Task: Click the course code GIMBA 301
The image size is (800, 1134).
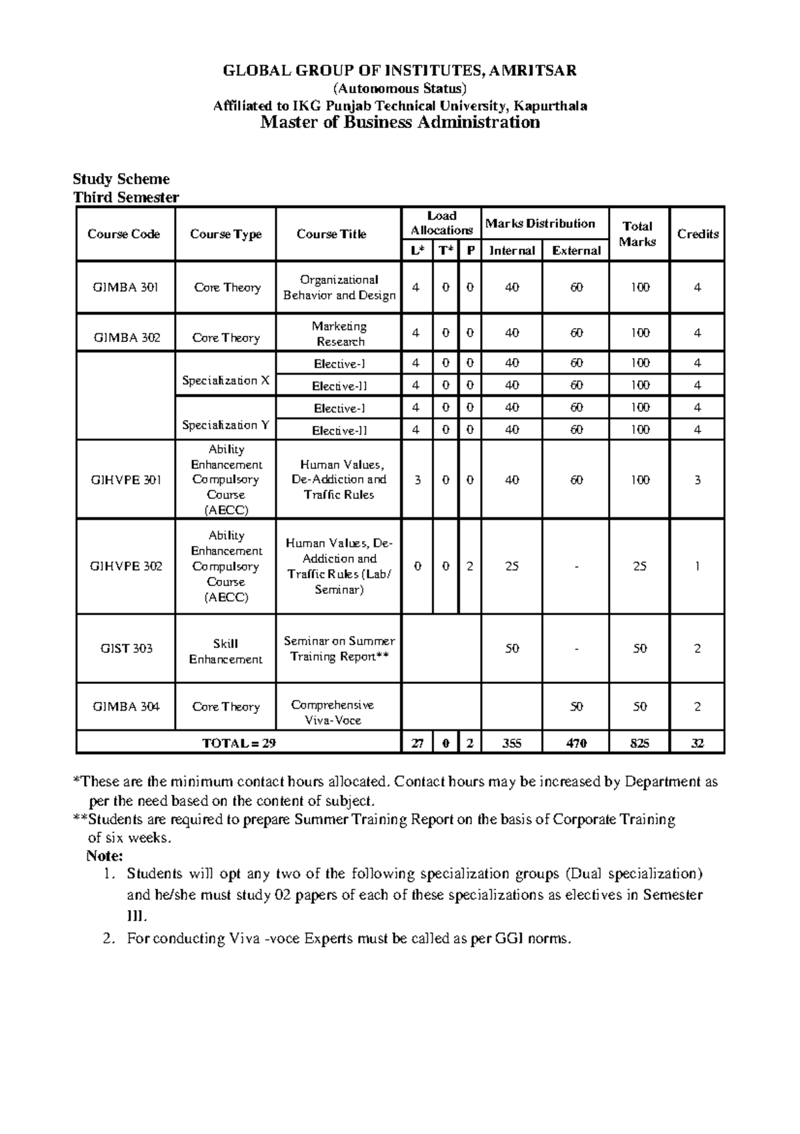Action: point(125,287)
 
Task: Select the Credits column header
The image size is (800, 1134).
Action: point(697,234)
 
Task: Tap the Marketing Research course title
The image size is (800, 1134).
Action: point(339,333)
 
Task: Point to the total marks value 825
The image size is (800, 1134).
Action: point(639,743)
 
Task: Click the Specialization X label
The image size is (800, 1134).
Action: point(225,381)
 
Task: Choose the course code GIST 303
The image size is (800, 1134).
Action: point(125,649)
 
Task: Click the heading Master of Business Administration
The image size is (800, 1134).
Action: point(399,122)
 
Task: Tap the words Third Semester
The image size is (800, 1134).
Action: point(126,197)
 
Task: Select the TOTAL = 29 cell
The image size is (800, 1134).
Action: point(239,743)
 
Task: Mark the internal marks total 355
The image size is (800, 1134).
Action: point(511,743)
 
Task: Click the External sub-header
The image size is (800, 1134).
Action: point(576,251)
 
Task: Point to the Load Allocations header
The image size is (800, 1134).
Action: point(441,223)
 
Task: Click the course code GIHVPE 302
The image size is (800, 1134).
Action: point(125,567)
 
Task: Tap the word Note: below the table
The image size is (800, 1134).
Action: point(105,855)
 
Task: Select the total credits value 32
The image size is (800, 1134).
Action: point(697,743)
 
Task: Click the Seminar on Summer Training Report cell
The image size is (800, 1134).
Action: point(339,649)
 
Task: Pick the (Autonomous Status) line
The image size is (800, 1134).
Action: point(399,89)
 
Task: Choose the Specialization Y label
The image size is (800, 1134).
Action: point(225,425)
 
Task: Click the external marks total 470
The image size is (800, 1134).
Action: point(576,743)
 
